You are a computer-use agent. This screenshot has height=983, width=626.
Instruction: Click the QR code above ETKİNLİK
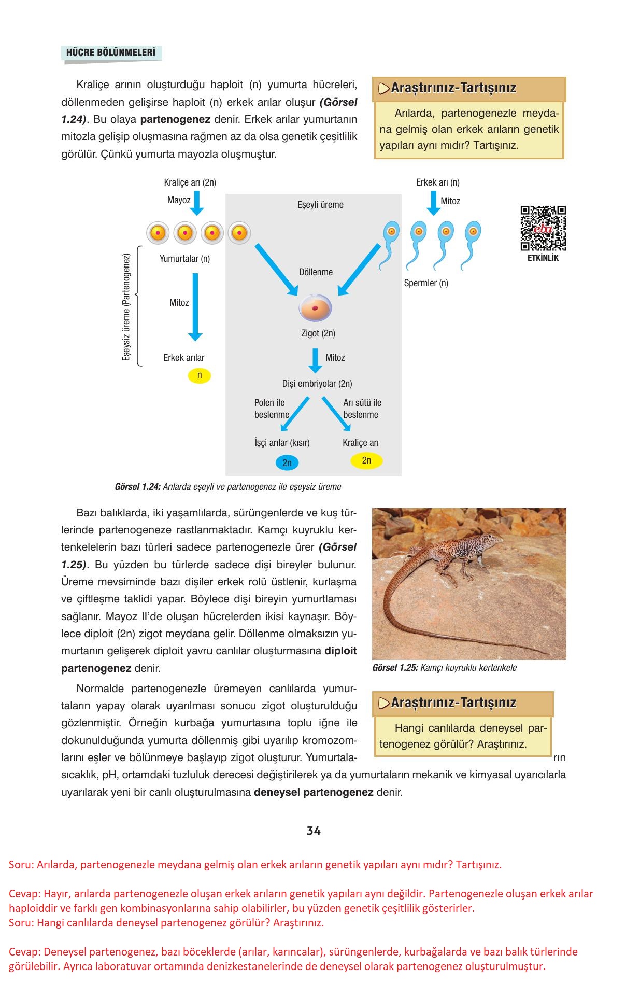(543, 229)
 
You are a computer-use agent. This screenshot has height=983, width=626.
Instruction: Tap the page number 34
(314, 831)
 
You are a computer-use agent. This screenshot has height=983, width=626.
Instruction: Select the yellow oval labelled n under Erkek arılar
(200, 375)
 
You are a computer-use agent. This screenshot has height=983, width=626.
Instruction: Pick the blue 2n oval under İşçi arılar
(287, 462)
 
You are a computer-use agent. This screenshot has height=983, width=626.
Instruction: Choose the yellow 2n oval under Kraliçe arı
(366, 460)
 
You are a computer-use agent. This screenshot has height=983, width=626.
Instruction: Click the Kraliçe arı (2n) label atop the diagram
(190, 182)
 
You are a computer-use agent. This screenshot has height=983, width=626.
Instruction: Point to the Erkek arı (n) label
(437, 182)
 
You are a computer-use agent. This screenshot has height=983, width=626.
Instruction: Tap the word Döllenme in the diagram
(316, 272)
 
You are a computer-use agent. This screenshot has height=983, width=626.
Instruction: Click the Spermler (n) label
(426, 283)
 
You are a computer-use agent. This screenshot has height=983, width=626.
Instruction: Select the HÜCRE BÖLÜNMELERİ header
(111, 52)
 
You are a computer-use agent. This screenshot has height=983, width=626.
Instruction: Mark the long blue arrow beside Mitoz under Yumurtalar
(195, 306)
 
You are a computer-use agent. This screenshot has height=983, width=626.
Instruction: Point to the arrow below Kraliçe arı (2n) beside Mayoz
(197, 203)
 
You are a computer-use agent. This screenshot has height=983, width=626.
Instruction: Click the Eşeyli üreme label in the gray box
(320, 205)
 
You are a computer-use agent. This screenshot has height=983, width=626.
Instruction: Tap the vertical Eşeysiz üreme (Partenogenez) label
(126, 307)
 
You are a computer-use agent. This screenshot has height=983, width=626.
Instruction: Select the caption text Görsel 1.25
(395, 668)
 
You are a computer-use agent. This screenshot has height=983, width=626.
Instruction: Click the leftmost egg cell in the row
(158, 233)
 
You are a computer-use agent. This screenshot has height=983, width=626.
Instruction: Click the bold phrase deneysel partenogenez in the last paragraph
(314, 792)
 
